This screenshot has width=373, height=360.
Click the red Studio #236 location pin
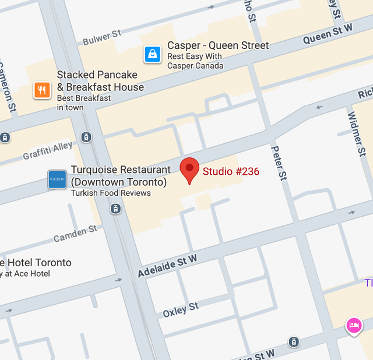click(189, 170)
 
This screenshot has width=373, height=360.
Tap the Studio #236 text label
click(231, 171)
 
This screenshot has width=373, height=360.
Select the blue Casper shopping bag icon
click(152, 55)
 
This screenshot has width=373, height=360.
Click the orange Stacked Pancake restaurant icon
click(41, 90)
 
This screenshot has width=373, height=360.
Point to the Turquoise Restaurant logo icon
click(57, 179)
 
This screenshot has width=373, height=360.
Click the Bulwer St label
click(102, 38)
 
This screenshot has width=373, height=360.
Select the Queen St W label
click(328, 34)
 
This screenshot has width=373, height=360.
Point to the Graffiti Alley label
click(48, 151)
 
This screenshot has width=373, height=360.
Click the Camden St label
click(75, 234)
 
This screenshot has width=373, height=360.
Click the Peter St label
click(279, 163)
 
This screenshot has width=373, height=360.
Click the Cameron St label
click(8, 88)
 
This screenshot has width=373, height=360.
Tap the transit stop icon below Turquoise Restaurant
click(116, 208)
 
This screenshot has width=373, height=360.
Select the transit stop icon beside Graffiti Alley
click(86, 137)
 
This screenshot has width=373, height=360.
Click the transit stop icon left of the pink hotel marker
click(294, 341)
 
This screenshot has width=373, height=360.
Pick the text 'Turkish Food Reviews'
click(111, 193)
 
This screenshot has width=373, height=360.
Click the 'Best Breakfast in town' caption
click(83, 103)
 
